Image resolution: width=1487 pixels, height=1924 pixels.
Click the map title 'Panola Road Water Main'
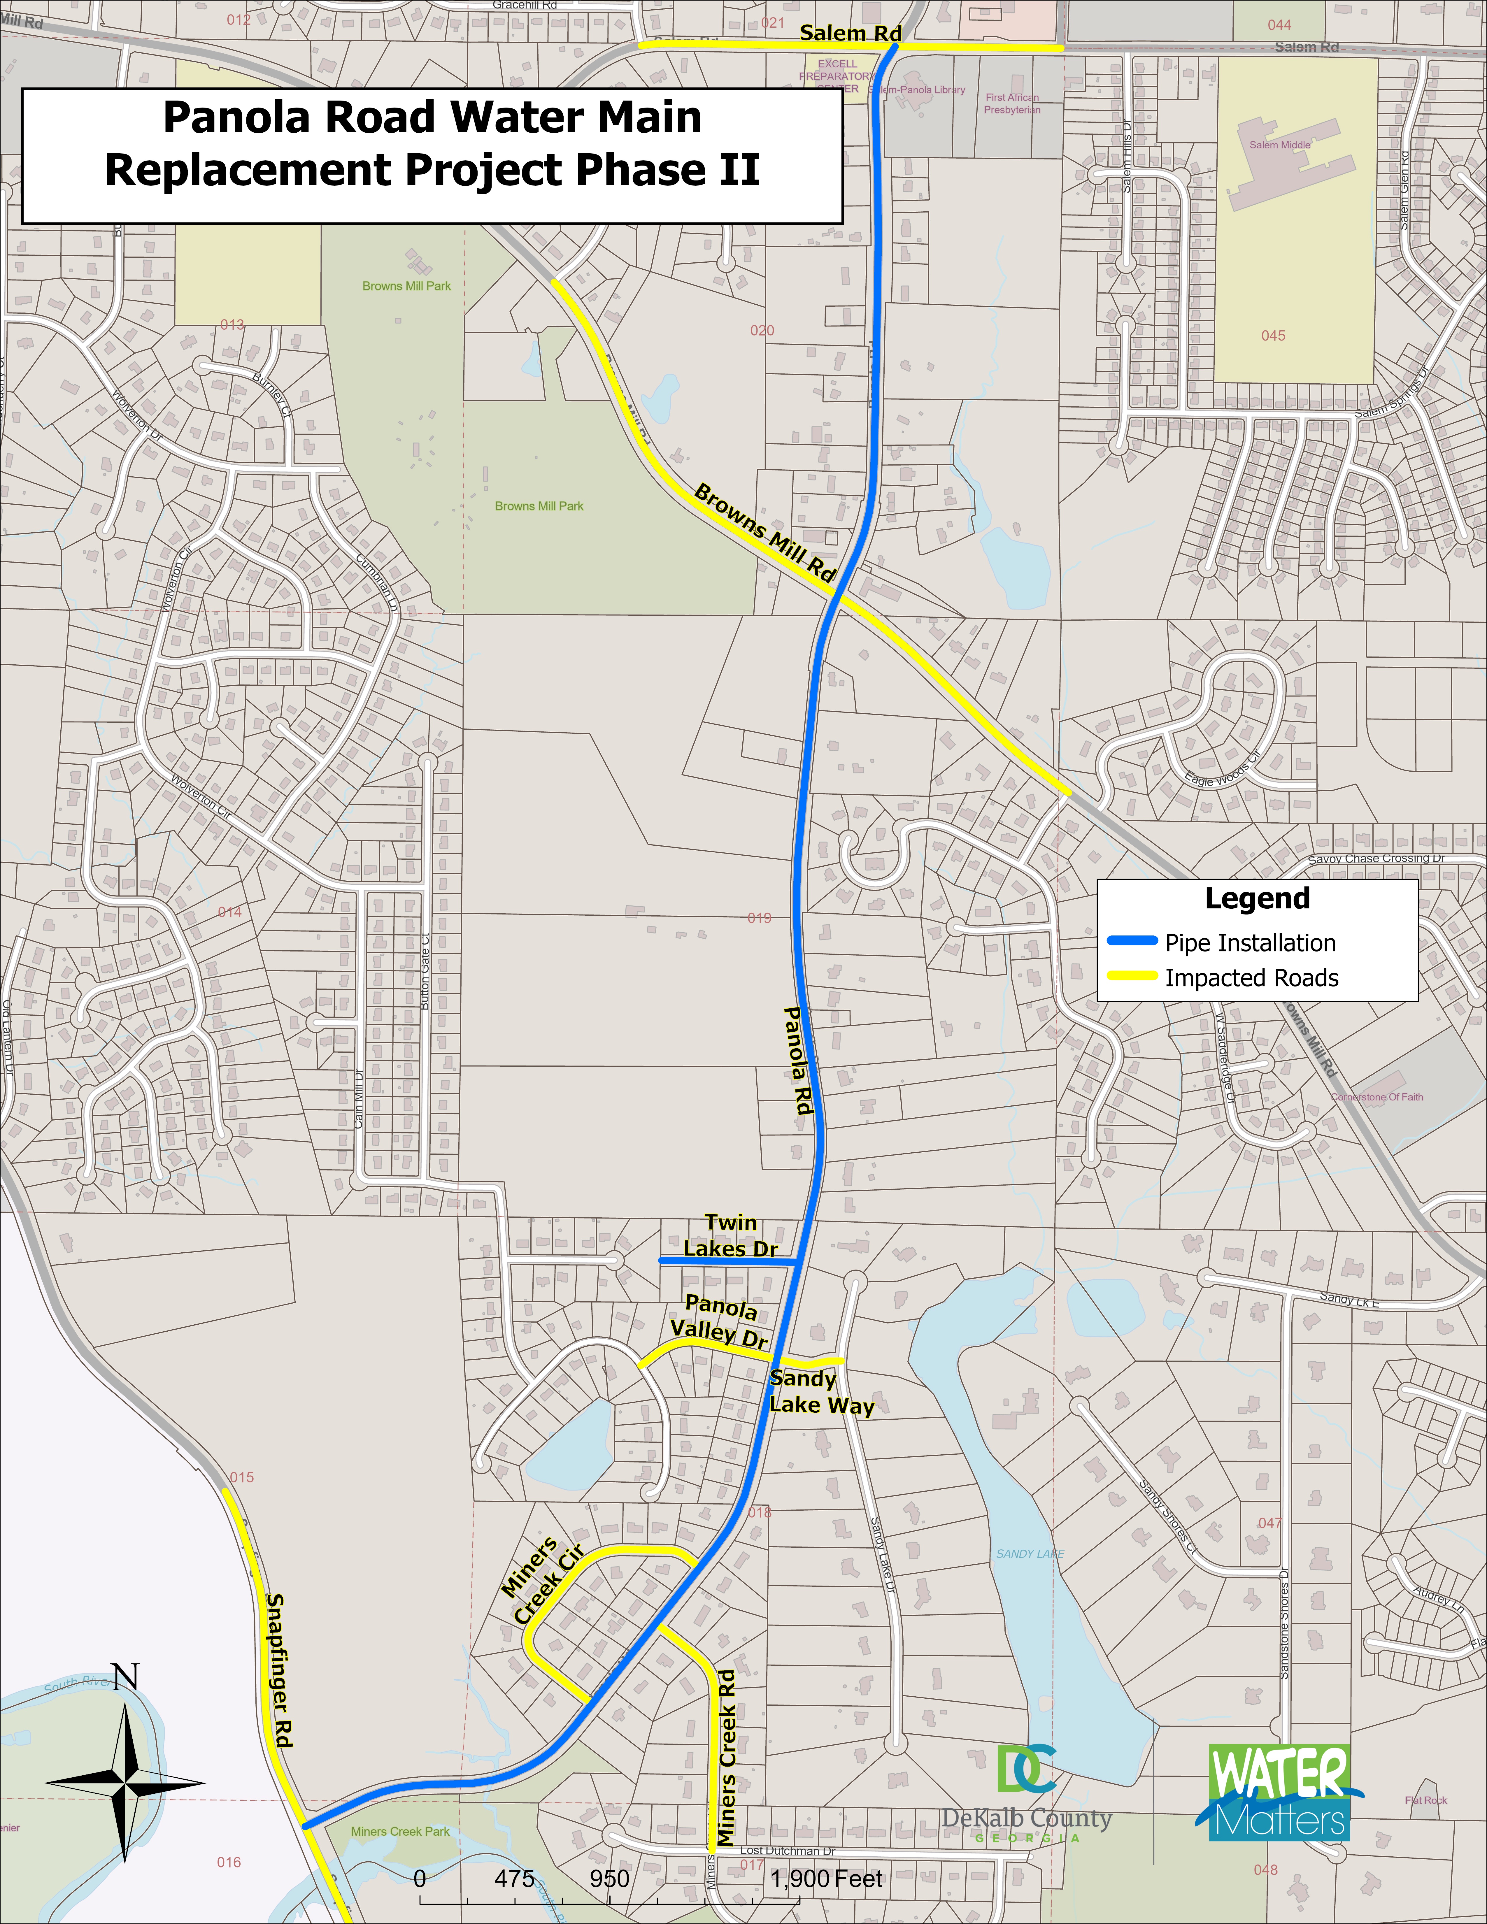[432, 118]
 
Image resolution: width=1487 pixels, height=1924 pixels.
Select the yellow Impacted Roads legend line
[1132, 976]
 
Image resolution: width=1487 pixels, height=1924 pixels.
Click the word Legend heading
[1257, 898]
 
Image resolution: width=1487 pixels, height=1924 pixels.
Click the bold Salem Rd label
[850, 34]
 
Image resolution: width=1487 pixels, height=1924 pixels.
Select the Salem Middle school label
[1279, 145]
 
